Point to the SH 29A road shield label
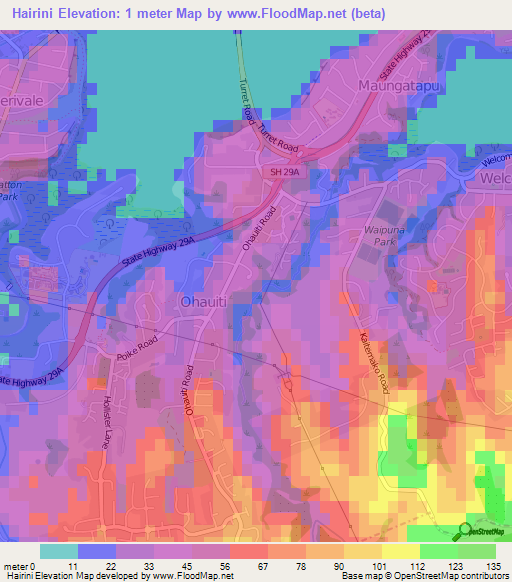[x=285, y=173]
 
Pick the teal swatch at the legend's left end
[x=58, y=551]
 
